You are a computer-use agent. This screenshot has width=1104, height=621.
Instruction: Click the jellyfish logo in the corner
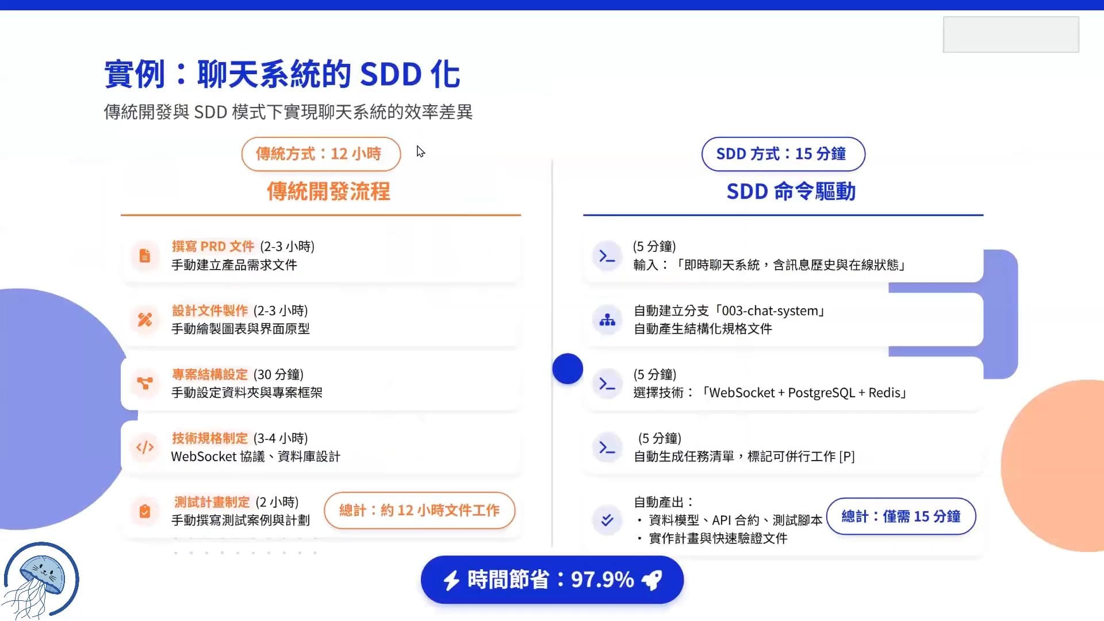point(41,580)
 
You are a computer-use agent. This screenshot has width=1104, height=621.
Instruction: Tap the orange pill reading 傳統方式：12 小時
point(321,154)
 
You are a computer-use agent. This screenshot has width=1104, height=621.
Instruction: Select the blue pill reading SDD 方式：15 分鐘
point(783,154)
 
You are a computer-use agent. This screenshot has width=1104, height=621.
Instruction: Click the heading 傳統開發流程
point(328,191)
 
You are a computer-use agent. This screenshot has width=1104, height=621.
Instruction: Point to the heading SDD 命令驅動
point(791,191)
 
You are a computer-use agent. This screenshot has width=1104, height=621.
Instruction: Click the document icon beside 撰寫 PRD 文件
point(145,256)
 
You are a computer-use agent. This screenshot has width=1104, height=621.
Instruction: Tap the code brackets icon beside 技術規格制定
point(145,447)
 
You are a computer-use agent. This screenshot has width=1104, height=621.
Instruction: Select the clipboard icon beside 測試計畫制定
point(145,511)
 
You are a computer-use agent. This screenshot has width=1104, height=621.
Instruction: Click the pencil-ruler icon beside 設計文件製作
point(145,320)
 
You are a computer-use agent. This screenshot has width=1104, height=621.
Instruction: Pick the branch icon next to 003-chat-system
point(607,320)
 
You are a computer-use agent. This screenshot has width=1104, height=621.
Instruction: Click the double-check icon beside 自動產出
point(607,520)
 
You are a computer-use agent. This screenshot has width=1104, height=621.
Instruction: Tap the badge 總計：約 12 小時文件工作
point(419,511)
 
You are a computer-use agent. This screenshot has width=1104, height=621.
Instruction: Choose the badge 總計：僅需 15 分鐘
point(901,516)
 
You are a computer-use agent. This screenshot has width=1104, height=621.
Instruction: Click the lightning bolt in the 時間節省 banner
point(451,580)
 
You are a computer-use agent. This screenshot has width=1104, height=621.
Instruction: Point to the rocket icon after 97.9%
point(652,580)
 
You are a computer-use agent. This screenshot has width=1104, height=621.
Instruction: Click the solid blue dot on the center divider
point(568,369)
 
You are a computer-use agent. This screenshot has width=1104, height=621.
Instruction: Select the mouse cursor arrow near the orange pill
point(420,152)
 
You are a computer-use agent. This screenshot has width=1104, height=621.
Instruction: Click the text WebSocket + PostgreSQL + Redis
point(808,393)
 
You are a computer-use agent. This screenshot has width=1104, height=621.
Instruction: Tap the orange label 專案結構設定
point(210,374)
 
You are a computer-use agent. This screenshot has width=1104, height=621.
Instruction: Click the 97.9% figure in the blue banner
point(602,580)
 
